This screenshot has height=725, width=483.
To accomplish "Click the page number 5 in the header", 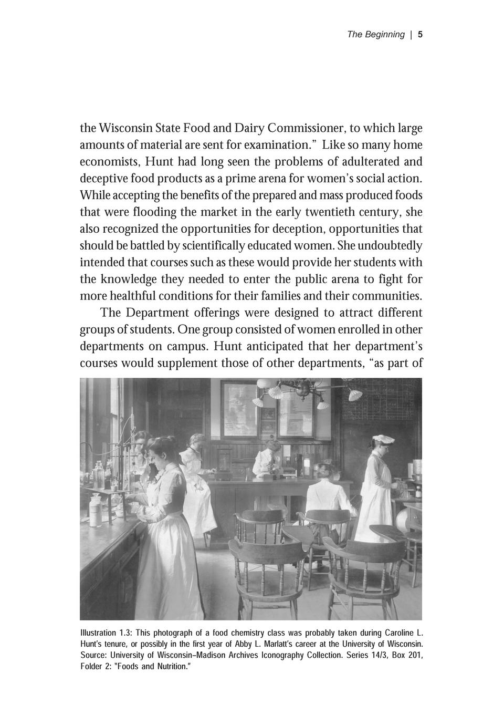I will (420, 35).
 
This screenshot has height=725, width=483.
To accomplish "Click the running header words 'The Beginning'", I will (375, 35).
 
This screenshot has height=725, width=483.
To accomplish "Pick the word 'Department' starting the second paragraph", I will (158, 313).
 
